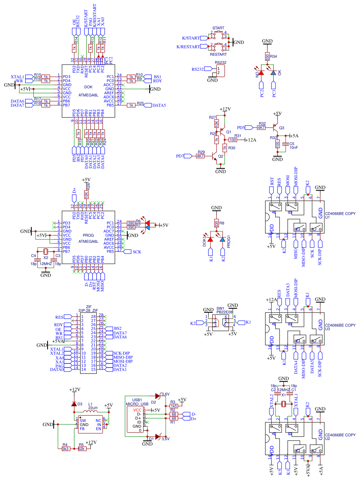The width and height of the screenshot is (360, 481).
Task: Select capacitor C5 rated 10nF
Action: pyautogui.click(x=286, y=144)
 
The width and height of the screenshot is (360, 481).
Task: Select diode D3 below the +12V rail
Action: pyautogui.click(x=74, y=404)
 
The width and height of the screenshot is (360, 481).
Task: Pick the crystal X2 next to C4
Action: pyautogui.click(x=46, y=251)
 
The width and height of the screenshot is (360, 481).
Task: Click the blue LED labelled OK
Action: pyautogui.click(x=273, y=73)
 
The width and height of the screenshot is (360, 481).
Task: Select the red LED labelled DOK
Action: pyautogui.click(x=210, y=240)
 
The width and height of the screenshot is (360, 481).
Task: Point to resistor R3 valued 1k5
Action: pyautogui.click(x=174, y=406)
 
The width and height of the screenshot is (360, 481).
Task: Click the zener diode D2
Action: pyautogui.click(x=157, y=395)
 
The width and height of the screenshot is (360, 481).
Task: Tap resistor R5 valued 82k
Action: pyautogui.click(x=82, y=449)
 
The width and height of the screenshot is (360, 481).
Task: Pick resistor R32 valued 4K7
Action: pyautogui.click(x=261, y=127)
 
